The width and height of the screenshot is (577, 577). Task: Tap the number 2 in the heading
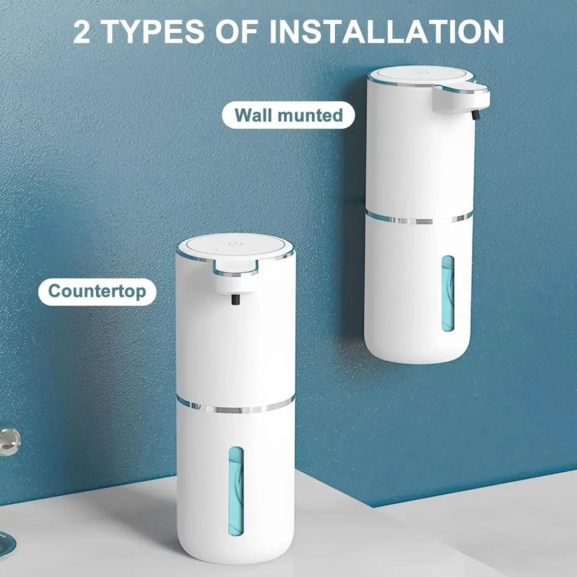82,33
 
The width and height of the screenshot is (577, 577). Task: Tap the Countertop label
97,291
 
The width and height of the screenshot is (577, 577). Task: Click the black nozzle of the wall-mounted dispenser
474,115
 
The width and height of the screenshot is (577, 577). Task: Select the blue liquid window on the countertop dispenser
236,490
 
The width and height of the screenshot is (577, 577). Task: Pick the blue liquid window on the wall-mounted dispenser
448,293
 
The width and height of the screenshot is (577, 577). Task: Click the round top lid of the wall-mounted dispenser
420,75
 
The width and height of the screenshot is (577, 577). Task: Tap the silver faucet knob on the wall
8,441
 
